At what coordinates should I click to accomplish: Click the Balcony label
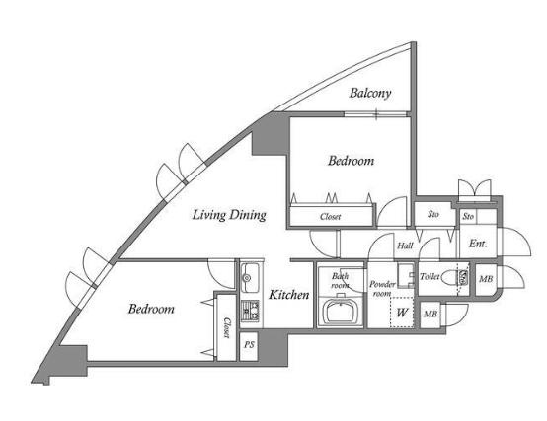point(370,93)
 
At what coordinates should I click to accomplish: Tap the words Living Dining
point(229,215)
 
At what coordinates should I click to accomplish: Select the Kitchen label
point(289,295)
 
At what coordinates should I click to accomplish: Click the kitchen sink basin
point(250,277)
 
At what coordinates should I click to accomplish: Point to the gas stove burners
point(250,311)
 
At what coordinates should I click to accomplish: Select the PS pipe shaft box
point(249,346)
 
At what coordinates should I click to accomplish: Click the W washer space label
point(402,313)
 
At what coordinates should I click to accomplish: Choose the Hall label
point(405,246)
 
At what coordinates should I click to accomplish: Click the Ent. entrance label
point(478,244)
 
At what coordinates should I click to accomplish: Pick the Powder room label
point(382,289)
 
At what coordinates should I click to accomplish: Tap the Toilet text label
point(430,277)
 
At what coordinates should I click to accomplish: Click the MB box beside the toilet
point(486,279)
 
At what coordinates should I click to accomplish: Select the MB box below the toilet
point(430,315)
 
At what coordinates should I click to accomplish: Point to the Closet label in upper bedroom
point(330,217)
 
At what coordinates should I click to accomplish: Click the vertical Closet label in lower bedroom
point(227,327)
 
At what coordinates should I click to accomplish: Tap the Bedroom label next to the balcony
point(351,161)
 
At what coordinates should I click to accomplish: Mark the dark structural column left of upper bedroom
point(270,135)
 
